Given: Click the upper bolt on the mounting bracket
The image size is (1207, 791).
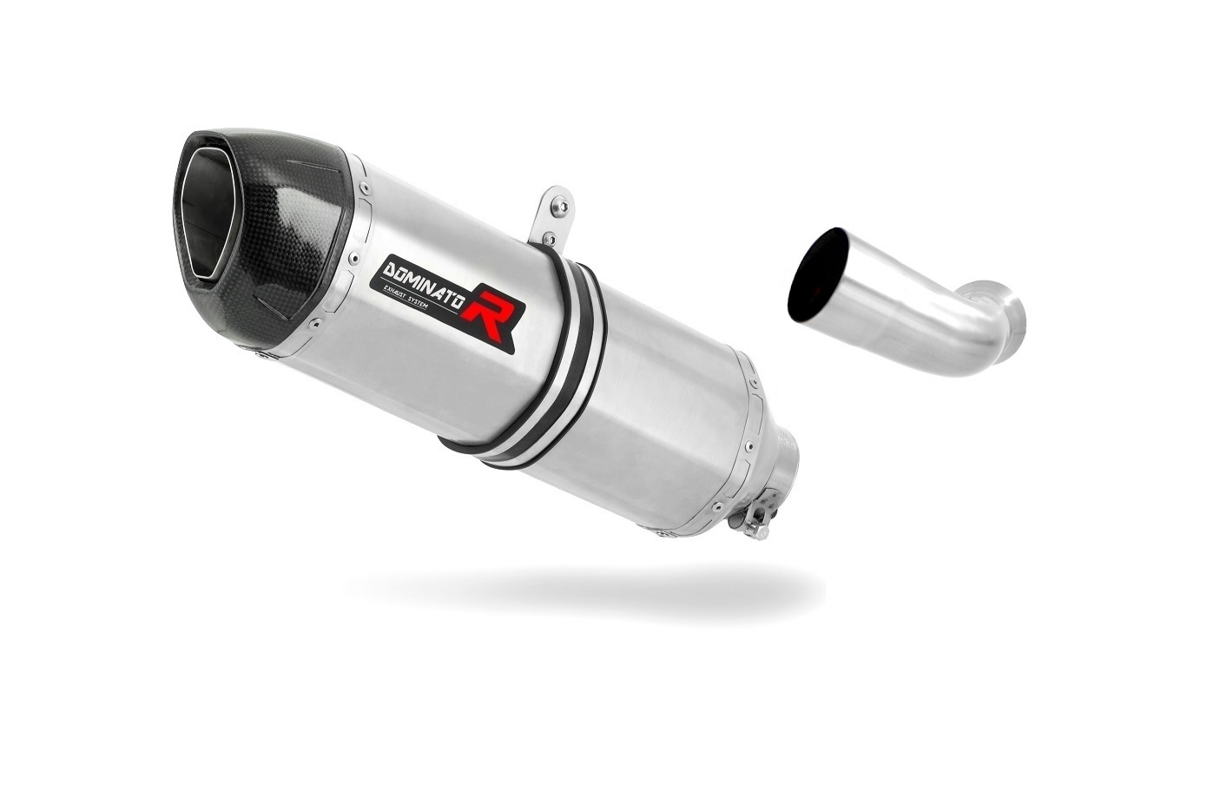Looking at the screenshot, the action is tap(563, 204).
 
